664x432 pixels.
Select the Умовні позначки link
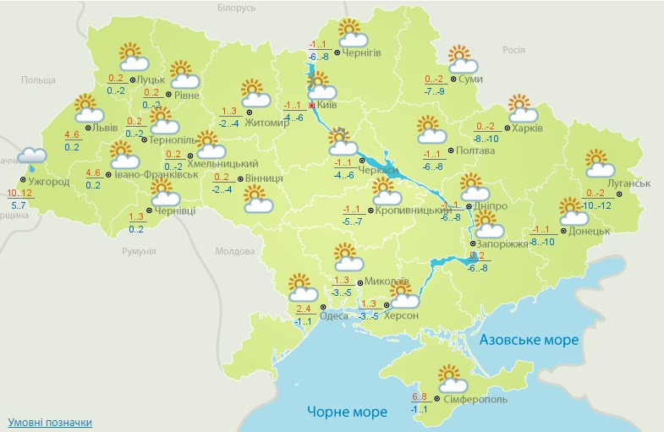(x=50, y=422)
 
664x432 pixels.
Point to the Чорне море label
(x=348, y=412)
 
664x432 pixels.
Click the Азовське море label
(x=529, y=339)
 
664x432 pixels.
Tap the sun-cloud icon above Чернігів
(x=352, y=33)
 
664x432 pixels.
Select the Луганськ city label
(x=628, y=183)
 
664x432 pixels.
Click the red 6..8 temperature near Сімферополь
(x=419, y=396)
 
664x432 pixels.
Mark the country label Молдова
(x=234, y=251)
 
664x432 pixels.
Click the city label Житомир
(x=272, y=122)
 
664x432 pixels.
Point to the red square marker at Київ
(x=311, y=105)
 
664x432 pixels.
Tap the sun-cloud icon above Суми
(x=462, y=59)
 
